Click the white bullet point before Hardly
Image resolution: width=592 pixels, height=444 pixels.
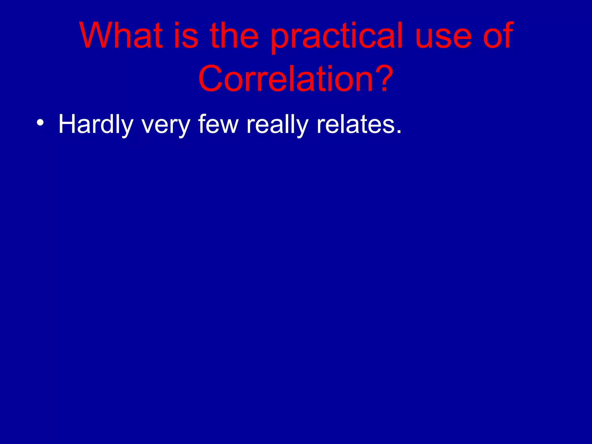pos(40,123)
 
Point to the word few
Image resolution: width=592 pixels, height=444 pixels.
pos(218,124)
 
